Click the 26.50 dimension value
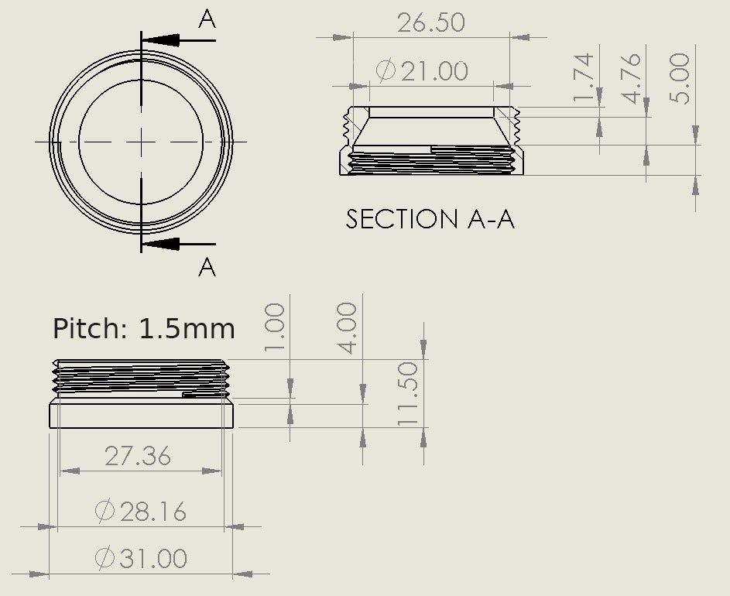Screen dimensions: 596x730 [431, 22]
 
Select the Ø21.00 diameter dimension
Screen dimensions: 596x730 [422, 71]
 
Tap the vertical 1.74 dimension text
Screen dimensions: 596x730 [584, 77]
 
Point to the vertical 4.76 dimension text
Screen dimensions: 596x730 [632, 77]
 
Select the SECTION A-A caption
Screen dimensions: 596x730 [430, 219]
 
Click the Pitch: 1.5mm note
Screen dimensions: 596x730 [143, 328]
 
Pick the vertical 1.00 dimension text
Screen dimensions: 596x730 [275, 327]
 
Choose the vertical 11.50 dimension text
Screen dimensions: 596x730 [407, 393]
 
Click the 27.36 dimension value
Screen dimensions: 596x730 [138, 456]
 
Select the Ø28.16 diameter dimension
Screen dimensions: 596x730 [140, 511]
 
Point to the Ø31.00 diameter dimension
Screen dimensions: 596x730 [140, 558]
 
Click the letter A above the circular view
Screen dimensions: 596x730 [207, 19]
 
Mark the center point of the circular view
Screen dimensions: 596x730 [141, 142]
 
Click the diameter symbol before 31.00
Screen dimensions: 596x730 [105, 558]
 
